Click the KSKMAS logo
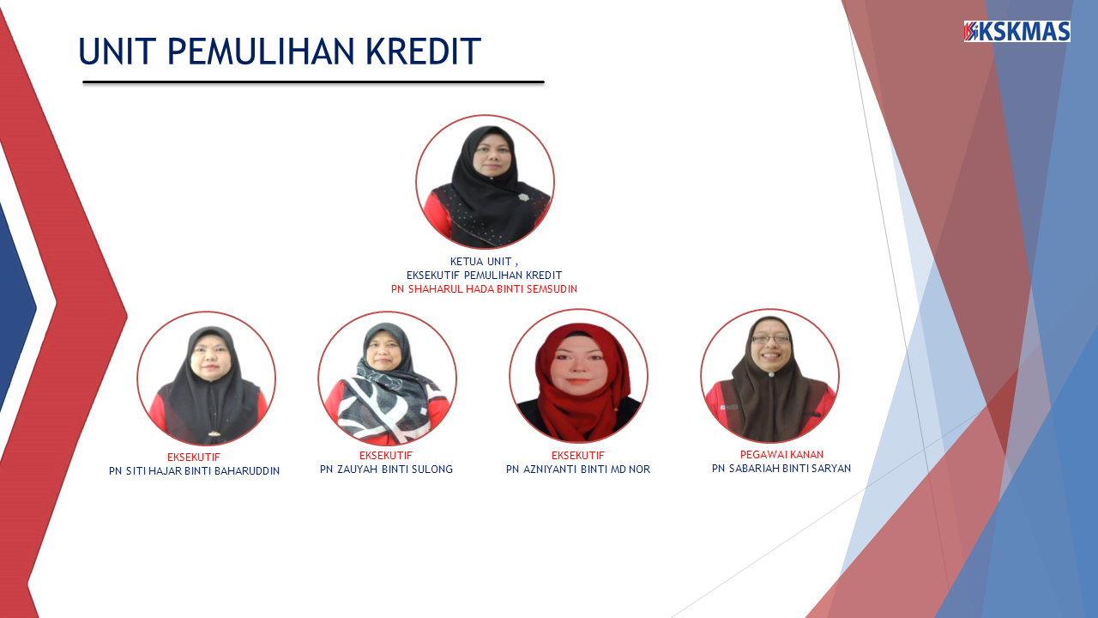point(1017,32)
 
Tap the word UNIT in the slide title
point(118,51)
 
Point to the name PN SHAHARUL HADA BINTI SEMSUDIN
point(485,289)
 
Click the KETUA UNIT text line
point(484,262)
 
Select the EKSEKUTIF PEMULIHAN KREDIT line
point(485,276)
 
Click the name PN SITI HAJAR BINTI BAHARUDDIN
point(194,471)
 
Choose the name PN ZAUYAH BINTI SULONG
point(386,470)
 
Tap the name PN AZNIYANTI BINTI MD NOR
point(578,470)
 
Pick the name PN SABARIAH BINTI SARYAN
point(781,469)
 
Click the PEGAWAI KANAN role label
point(781,455)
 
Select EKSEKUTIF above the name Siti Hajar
point(194,457)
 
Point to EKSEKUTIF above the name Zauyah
point(386,456)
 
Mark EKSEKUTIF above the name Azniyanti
point(578,456)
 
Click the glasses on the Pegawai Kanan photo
point(770,339)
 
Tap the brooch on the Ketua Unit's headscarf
point(523,197)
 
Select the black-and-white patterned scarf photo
point(387,379)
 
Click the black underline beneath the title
point(313,82)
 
